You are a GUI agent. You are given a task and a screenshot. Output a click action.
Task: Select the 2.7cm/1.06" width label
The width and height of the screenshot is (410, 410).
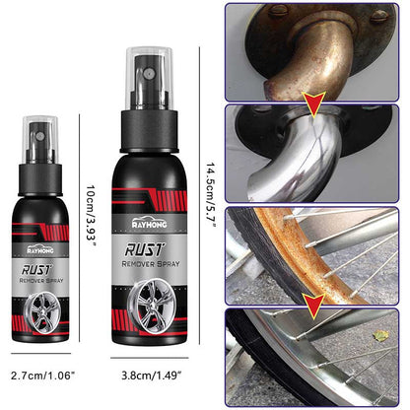42,376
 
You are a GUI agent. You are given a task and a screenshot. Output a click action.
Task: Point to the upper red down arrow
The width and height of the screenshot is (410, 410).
314,101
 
